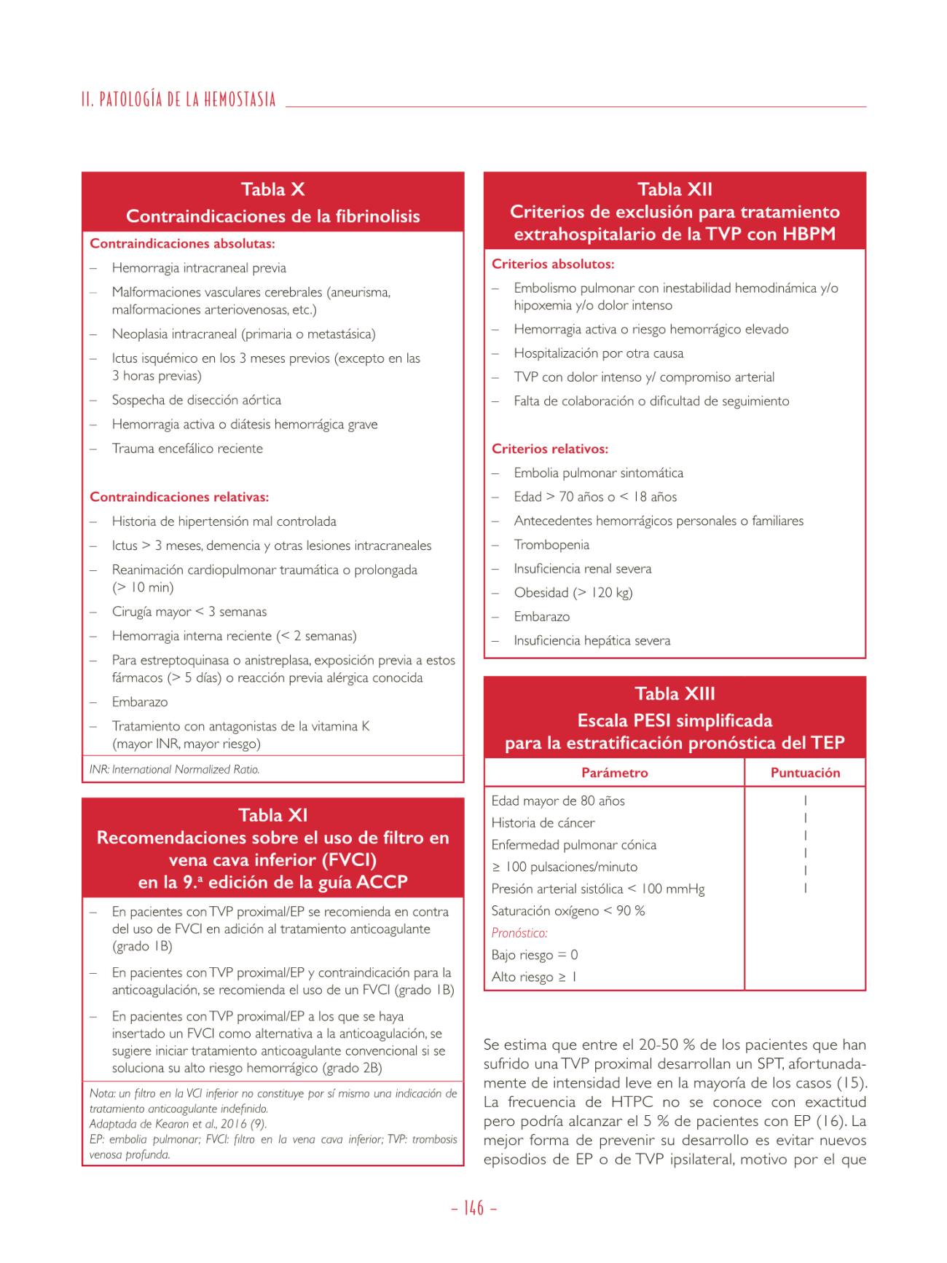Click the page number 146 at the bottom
pyautogui.click(x=473, y=1208)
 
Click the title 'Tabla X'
pyautogui.click(x=272, y=190)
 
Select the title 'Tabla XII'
pyautogui.click(x=675, y=189)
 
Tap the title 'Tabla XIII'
pyautogui.click(x=675, y=693)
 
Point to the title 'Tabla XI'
pyautogui.click(x=272, y=815)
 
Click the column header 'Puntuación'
pyautogui.click(x=805, y=773)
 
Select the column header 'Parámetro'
pyautogui.click(x=614, y=773)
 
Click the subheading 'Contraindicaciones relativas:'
pyautogui.click(x=179, y=497)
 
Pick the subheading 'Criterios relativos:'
pyautogui.click(x=550, y=449)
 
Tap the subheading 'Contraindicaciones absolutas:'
pyautogui.click(x=182, y=244)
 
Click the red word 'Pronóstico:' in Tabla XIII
pyautogui.click(x=519, y=933)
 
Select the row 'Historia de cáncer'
pyautogui.click(x=543, y=823)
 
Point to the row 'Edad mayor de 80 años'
pyautogui.click(x=558, y=801)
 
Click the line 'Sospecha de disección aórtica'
pyautogui.click(x=196, y=400)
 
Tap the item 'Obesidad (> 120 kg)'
pyautogui.click(x=573, y=593)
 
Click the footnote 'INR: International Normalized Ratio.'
pyautogui.click(x=174, y=769)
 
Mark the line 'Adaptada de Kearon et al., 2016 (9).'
pyautogui.click(x=178, y=1124)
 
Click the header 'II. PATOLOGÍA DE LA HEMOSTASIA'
pyautogui.click(x=179, y=100)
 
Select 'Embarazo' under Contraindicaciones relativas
pyautogui.click(x=140, y=702)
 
